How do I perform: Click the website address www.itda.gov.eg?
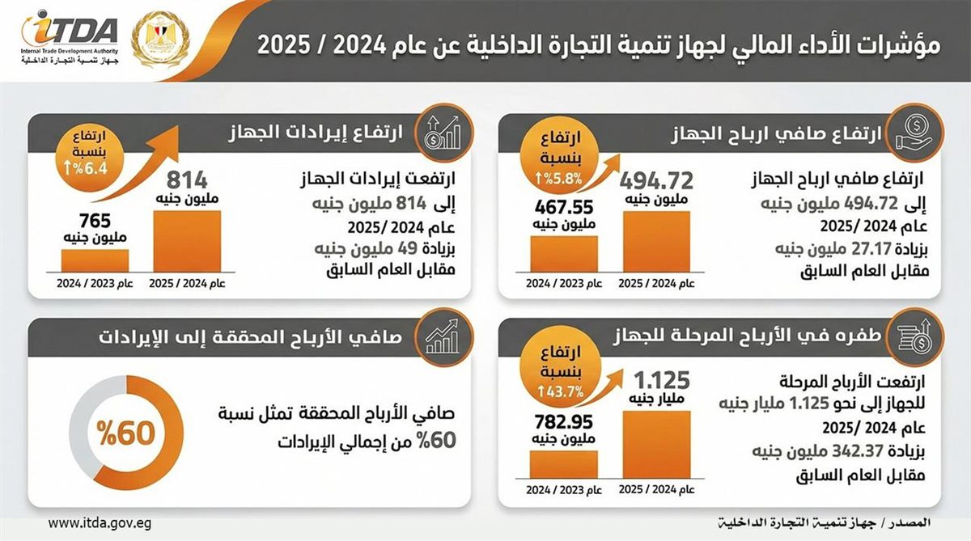[100, 523]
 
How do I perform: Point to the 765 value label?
[95, 219]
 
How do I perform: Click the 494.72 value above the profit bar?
[657, 180]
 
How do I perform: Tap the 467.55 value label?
[564, 208]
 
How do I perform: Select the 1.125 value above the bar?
[657, 379]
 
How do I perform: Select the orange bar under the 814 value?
[187, 243]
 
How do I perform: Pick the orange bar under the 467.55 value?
[564, 252]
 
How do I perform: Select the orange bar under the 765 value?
[95, 260]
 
